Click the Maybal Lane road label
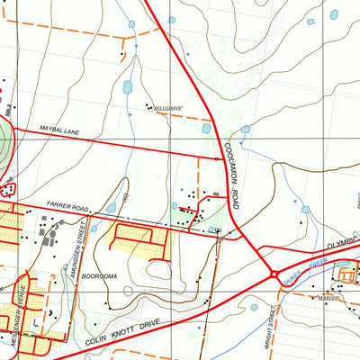click(x=58, y=131)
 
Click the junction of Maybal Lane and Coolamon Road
click(x=221, y=158)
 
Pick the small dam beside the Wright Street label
click(x=255, y=307)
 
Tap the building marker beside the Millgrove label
click(x=148, y=106)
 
